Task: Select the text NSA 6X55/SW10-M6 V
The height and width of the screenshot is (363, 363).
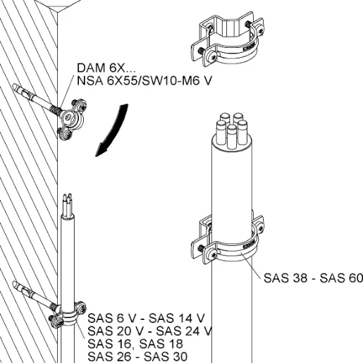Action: click(144, 81)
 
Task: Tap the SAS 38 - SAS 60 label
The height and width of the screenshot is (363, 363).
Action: click(313, 278)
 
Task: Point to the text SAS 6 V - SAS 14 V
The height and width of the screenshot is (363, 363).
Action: click(146, 319)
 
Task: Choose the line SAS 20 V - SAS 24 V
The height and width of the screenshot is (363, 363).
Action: click(150, 331)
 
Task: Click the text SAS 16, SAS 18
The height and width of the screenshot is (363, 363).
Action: click(135, 344)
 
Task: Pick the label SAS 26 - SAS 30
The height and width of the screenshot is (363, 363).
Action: click(137, 357)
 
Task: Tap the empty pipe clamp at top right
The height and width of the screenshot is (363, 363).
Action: click(227, 40)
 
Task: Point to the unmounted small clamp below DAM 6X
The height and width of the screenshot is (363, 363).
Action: click(72, 119)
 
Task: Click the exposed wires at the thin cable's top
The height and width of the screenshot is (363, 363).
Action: click(68, 204)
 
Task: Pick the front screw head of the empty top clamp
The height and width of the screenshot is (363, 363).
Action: click(212, 56)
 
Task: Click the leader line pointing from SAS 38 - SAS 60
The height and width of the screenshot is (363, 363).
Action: click(250, 265)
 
